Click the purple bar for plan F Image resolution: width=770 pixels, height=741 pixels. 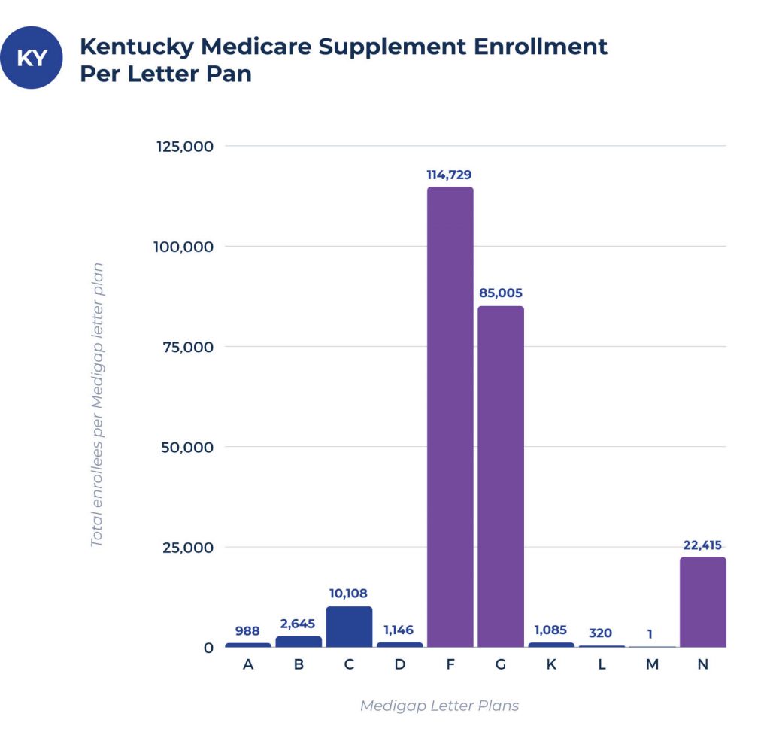pos(450,417)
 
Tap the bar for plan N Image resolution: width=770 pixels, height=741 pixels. pos(703,602)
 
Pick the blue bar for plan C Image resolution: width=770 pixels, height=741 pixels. pos(349,627)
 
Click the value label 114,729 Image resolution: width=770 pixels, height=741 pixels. pos(450,175)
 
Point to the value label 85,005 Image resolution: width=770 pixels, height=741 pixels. pos(501,293)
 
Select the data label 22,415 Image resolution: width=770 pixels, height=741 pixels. pos(703,545)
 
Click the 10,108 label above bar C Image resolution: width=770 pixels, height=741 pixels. pos(348,594)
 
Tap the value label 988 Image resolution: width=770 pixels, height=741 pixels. pos(247,630)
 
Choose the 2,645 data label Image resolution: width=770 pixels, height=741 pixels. pos(298,624)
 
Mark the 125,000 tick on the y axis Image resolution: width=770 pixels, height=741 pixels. pos(185,146)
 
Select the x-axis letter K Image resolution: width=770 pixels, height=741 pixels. pos(551,665)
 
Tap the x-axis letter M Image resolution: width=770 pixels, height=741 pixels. pos(652,665)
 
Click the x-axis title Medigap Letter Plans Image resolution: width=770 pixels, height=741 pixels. pos(439,706)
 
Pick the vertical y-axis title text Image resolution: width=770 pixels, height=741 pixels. pos(96,405)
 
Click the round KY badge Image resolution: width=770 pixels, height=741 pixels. pos(32,58)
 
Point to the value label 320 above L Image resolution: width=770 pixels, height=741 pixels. pos(602,633)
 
